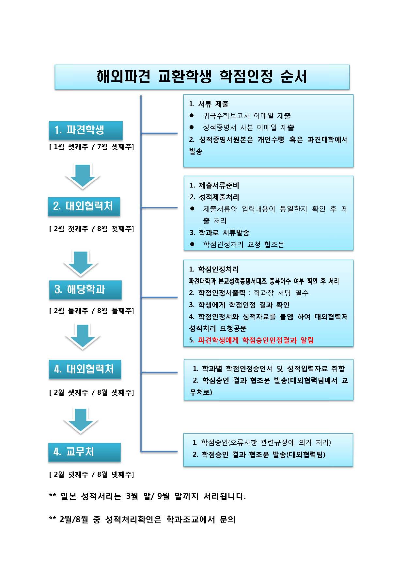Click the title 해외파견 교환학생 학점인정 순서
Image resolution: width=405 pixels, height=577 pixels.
(202, 77)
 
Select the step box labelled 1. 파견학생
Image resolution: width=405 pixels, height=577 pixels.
(86, 130)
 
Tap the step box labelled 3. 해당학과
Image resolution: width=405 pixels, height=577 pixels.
(86, 290)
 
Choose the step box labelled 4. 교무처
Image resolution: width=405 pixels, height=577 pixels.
(85, 452)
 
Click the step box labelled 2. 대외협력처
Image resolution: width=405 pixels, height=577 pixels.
(84, 206)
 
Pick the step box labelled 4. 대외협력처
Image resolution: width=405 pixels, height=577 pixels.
(85, 370)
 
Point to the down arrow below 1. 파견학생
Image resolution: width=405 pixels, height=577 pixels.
(82, 177)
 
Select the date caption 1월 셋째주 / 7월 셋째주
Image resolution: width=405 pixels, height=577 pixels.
(91, 147)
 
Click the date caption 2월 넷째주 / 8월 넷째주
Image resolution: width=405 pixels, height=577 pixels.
(91, 474)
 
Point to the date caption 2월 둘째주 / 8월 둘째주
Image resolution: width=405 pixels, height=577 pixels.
(91, 311)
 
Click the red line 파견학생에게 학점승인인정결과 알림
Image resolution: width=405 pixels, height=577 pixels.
(251, 340)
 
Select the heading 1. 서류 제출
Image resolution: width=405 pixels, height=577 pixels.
(209, 104)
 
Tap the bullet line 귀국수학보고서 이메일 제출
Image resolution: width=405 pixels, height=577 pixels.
(247, 116)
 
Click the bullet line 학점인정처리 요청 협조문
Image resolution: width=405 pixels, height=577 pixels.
(244, 244)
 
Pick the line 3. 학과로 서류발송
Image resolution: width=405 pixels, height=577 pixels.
(220, 233)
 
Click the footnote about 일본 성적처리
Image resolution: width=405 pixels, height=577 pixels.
(148, 496)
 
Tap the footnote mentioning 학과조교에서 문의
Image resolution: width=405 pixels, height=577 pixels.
(142, 519)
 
